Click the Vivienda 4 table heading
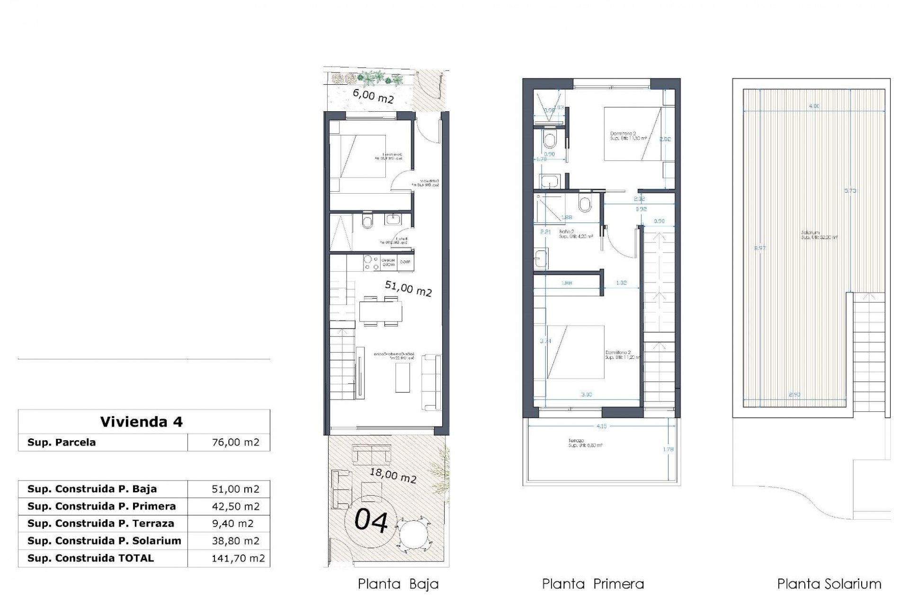coord(141,421)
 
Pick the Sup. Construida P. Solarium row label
coord(104,541)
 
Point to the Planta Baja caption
coord(398,584)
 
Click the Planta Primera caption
coord(593,584)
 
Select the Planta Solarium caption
coord(829,584)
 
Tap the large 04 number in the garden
coord(372,521)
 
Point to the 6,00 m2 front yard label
coord(373,96)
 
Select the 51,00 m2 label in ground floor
coord(408,288)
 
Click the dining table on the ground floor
coord(380,312)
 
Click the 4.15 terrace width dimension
coord(601,426)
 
